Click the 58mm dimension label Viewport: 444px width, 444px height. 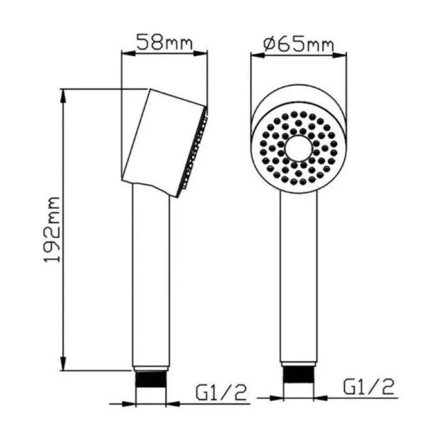tap(164, 42)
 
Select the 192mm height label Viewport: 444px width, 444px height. tap(52, 230)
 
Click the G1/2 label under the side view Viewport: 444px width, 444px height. tap(221, 392)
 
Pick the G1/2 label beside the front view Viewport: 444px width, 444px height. tap(369, 387)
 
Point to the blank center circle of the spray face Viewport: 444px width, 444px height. tap(299, 149)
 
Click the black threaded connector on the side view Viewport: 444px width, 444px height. tap(151, 380)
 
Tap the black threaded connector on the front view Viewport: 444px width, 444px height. tap(299, 375)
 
